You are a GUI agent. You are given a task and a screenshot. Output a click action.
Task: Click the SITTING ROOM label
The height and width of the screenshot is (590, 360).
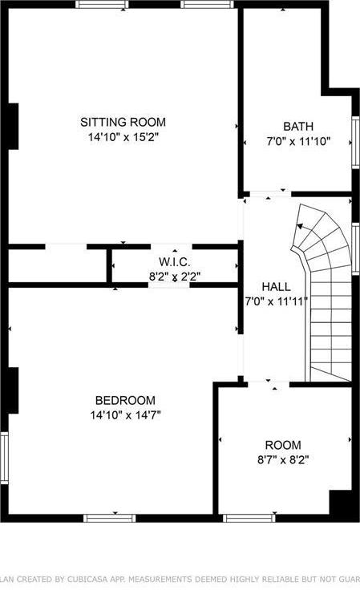click(x=123, y=122)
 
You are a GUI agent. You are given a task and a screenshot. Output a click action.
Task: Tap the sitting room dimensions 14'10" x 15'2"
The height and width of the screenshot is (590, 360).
click(x=123, y=137)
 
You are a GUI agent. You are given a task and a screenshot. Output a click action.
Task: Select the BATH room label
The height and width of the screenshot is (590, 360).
click(x=297, y=126)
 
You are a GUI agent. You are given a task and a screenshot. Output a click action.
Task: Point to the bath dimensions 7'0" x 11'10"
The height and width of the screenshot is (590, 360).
click(x=297, y=141)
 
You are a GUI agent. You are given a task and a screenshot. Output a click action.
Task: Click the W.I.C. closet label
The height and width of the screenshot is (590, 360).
click(x=174, y=262)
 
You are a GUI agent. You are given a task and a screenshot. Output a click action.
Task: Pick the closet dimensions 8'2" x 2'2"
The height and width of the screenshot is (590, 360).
click(x=174, y=277)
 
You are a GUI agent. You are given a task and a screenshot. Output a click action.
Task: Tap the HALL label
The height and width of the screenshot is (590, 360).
click(x=276, y=286)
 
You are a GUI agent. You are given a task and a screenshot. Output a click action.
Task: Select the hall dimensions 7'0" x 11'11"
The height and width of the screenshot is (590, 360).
click(x=276, y=301)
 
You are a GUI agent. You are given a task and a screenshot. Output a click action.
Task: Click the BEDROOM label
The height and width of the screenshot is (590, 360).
click(x=125, y=400)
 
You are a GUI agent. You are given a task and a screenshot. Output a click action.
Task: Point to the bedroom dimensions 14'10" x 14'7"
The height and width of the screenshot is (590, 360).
click(x=125, y=415)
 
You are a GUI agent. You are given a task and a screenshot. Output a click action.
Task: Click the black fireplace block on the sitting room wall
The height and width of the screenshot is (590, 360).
click(x=11, y=126)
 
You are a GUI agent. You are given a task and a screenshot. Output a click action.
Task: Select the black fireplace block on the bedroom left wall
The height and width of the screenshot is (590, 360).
click(x=11, y=390)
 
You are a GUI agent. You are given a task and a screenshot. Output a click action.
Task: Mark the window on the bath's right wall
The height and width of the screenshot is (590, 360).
click(x=355, y=142)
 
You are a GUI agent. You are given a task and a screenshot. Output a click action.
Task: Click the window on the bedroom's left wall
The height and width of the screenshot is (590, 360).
click(x=4, y=457)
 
